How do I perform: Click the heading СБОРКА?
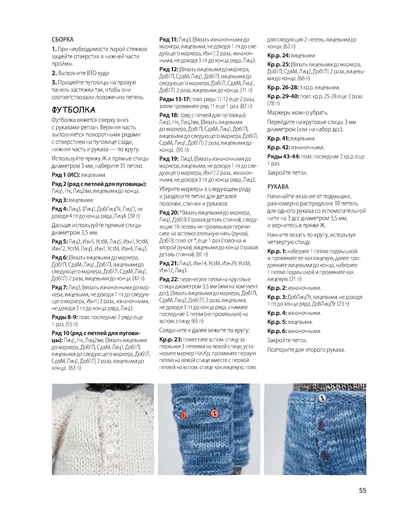pos(63,40)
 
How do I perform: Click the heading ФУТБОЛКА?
pos(73,110)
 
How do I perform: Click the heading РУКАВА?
pos(278,187)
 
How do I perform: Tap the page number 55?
pos(362,490)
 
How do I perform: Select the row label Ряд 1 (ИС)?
pos(65,175)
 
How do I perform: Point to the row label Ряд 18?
pos(169,115)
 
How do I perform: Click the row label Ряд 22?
pos(169,279)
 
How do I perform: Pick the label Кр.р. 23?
pos(170,339)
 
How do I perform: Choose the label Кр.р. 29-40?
pos(283,96)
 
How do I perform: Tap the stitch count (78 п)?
pos(274,103)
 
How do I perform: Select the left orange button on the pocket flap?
pos(183,415)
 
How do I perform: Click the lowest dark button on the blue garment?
pos(324,455)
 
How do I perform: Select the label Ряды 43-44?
pos(283,157)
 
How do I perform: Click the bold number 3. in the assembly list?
pos(54,82)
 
